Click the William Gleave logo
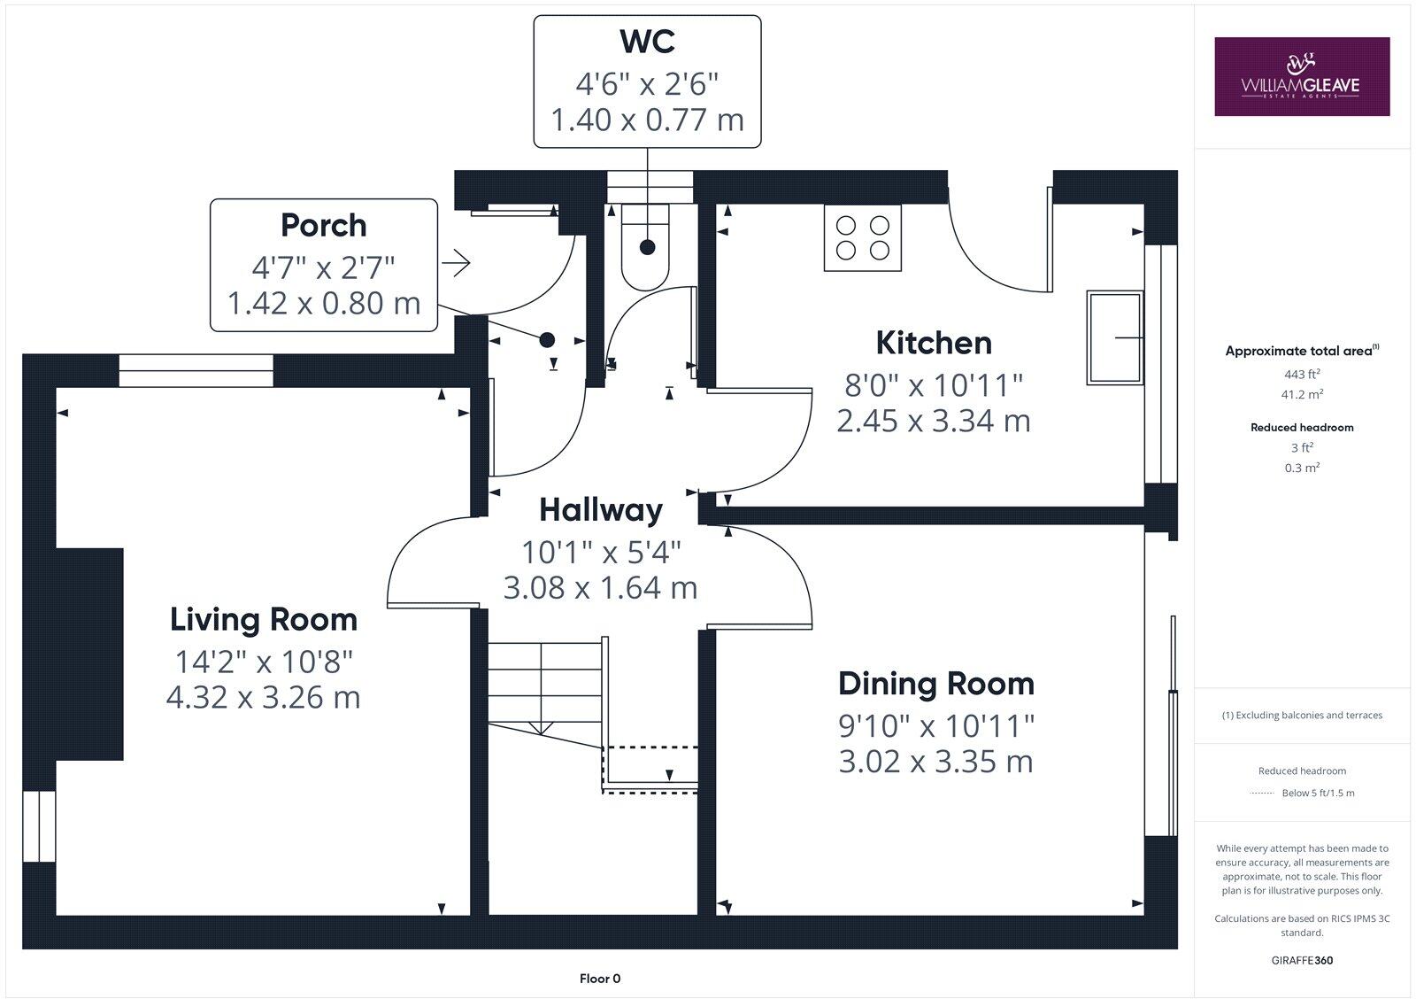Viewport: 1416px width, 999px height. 1301,76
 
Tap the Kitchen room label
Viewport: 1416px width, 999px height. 933,343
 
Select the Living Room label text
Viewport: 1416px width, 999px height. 264,619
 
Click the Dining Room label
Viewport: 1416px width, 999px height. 935,684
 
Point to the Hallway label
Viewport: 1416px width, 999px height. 601,510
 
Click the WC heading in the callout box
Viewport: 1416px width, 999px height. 647,42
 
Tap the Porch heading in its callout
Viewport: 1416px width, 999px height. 323,225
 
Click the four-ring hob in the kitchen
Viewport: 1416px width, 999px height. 862,238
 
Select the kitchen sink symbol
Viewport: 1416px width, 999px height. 1114,337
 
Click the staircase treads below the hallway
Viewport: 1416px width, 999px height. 543,683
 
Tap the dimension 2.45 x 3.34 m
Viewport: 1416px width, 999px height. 933,421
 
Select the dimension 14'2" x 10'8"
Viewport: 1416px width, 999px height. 264,661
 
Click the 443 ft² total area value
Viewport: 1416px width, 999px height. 1302,374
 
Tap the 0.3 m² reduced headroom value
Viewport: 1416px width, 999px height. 1302,468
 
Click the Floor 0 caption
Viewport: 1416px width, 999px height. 600,979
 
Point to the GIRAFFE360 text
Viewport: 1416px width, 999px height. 1302,960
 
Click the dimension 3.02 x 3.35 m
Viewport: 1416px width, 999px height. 935,762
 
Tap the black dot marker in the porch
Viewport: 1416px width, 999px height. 547,339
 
